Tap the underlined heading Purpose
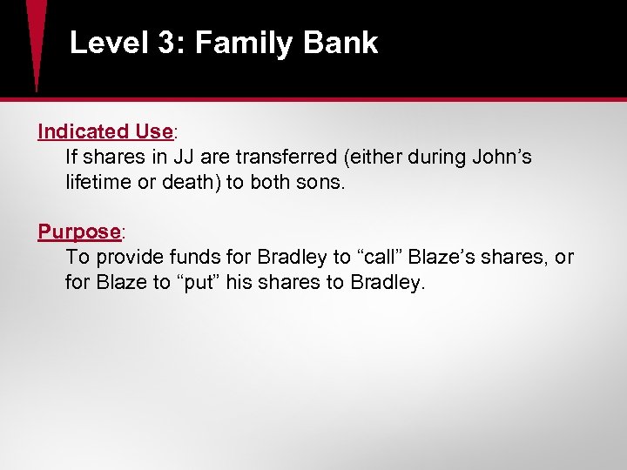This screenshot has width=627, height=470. click(78, 232)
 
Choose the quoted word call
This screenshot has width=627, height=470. click(375, 258)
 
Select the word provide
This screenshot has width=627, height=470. click(130, 258)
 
